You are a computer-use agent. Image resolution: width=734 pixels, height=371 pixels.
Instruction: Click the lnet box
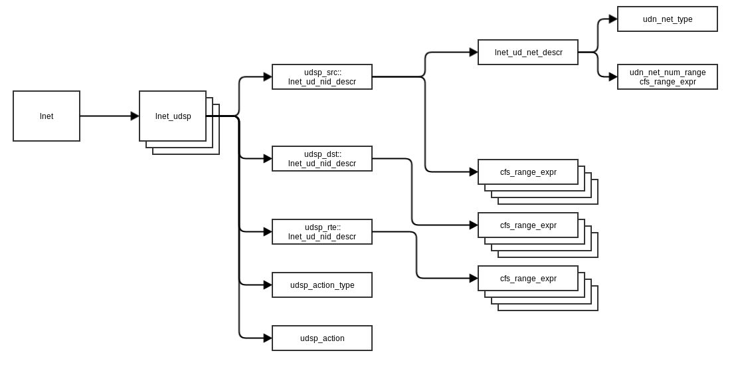pyautogui.click(x=46, y=116)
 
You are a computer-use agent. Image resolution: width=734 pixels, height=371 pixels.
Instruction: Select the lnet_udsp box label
pyautogui.click(x=173, y=116)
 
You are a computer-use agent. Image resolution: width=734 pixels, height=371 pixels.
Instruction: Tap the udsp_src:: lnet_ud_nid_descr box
pyautogui.click(x=322, y=77)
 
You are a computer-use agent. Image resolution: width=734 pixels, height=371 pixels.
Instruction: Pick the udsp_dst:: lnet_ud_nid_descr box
pyautogui.click(x=322, y=159)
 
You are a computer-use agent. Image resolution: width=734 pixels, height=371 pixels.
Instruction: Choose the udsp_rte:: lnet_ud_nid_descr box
pyautogui.click(x=322, y=232)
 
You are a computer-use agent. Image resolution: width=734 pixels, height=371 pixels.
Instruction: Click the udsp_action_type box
pyautogui.click(x=322, y=285)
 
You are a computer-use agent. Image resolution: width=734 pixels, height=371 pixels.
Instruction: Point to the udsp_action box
pyautogui.click(x=322, y=338)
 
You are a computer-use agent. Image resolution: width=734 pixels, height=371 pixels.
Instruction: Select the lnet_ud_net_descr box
pyautogui.click(x=528, y=53)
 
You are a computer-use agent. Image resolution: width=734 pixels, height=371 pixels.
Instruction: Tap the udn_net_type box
pyautogui.click(x=668, y=19)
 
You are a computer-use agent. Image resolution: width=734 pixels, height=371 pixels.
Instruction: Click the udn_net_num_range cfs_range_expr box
pyautogui.click(x=668, y=77)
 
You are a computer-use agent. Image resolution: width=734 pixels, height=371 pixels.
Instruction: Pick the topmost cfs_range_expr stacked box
pyautogui.click(x=528, y=172)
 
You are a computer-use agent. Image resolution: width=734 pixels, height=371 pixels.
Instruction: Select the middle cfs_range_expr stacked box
pyautogui.click(x=528, y=225)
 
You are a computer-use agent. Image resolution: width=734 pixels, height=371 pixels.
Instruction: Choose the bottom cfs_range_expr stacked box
pyautogui.click(x=528, y=279)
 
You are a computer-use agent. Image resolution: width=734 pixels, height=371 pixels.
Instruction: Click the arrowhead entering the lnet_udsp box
pyautogui.click(x=135, y=116)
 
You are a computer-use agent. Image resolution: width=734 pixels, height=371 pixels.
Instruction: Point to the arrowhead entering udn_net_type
pyautogui.click(x=613, y=19)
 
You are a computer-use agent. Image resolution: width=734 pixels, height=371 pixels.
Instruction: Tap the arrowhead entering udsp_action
pyautogui.click(x=268, y=338)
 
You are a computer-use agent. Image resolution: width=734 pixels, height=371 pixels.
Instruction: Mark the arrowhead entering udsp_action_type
pyautogui.click(x=268, y=285)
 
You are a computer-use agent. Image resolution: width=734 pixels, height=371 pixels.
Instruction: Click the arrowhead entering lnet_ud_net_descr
pyautogui.click(x=474, y=53)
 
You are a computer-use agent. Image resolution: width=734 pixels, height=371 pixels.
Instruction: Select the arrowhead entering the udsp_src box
pyautogui.click(x=268, y=77)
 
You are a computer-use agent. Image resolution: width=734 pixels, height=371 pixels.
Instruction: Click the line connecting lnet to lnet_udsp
pyautogui.click(x=106, y=116)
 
